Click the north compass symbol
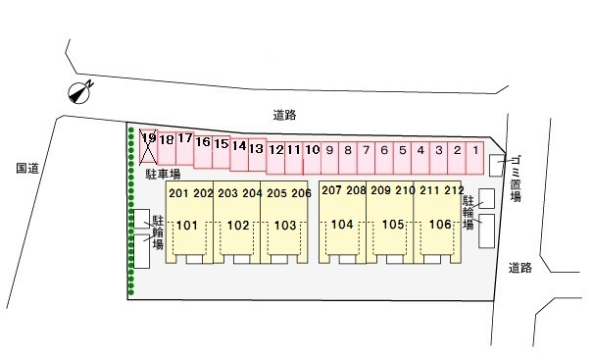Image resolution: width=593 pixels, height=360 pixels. tap(80, 92)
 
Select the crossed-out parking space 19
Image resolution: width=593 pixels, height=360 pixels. tap(148, 146)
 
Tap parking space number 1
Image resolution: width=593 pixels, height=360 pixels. tap(475, 158)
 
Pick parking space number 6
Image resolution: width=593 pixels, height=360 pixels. tap(384, 158)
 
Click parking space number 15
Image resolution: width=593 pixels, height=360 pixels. tap(222, 152)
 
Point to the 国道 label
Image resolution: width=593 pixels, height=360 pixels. tap(27, 168)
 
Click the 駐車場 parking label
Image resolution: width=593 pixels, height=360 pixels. tap(163, 175)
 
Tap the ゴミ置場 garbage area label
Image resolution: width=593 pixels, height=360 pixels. tap(516, 179)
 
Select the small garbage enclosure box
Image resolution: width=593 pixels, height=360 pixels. tap(497, 166)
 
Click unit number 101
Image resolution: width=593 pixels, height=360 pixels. tap(187, 226)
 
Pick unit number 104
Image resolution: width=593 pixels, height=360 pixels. tap(342, 225)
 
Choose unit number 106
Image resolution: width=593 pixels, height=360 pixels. tap(440, 225)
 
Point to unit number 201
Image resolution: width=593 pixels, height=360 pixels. tap(178, 193)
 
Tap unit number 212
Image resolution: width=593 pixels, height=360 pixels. tap(454, 190)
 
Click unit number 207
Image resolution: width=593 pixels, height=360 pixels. tap(331, 190)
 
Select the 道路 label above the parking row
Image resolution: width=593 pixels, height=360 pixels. tap(285, 115)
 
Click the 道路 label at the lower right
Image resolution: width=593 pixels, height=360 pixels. tap(520, 268)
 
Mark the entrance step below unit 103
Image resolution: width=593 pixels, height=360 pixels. tap(279, 259)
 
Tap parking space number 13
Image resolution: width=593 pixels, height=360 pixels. tap(257, 154)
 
